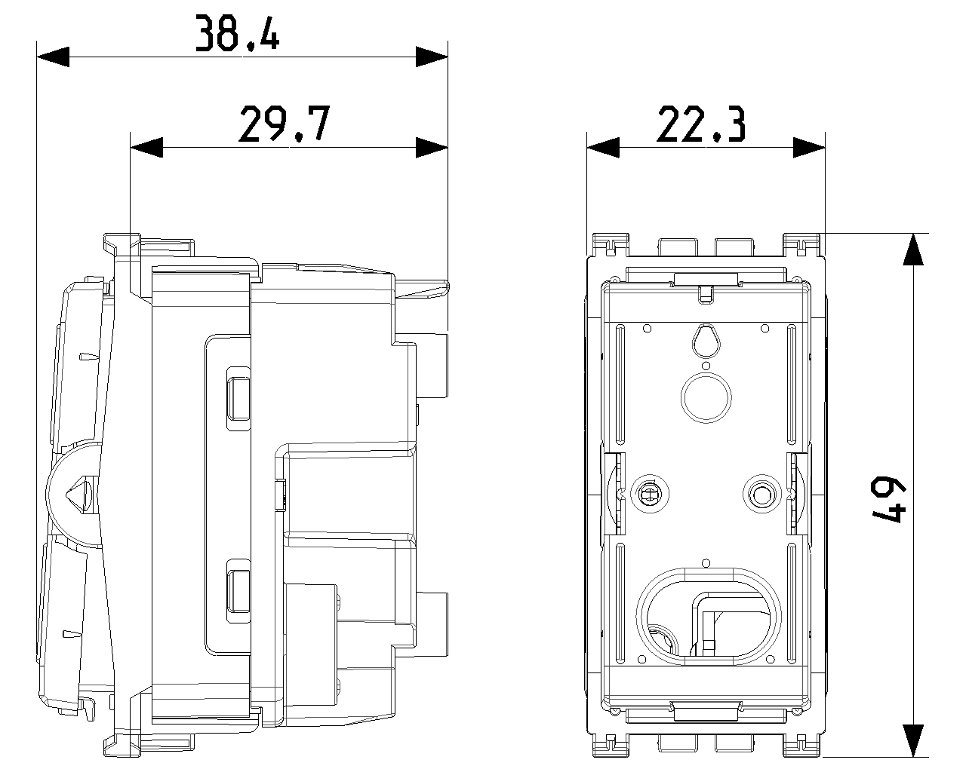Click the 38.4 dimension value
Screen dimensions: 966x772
tap(238, 32)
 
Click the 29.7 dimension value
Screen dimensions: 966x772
tap(285, 124)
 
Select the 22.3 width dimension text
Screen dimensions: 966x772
tap(701, 124)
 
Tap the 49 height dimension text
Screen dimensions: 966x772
tap(888, 499)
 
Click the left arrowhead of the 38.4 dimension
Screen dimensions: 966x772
tap(53, 57)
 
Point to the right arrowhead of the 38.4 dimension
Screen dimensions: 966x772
tap(432, 57)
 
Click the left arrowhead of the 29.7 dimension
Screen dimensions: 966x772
tap(146, 148)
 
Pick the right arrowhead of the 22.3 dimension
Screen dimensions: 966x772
tap(809, 148)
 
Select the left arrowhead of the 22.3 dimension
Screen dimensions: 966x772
tap(603, 148)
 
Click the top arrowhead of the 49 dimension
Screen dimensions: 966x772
tap(913, 250)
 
